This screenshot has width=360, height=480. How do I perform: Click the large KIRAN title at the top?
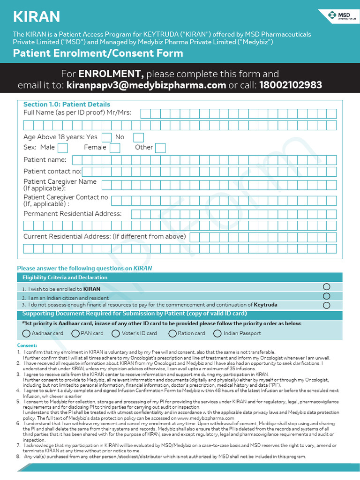click(37, 17)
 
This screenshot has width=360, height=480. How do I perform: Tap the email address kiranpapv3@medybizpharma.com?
click(146, 85)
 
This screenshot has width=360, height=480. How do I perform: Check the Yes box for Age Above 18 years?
click(107, 137)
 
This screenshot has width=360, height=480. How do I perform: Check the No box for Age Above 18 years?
click(138, 137)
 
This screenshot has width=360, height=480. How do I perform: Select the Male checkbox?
click(62, 148)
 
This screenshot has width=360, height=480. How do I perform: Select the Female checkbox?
click(115, 148)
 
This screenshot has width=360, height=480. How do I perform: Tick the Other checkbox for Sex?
click(160, 148)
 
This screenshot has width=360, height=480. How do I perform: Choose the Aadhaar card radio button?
click(27, 334)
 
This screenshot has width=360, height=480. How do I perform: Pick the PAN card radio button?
click(75, 334)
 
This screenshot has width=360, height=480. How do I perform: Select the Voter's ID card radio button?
click(116, 334)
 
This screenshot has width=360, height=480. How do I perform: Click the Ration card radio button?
click(172, 334)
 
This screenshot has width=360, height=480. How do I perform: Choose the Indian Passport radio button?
click(217, 334)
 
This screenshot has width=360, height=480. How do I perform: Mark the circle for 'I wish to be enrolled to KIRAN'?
click(327, 287)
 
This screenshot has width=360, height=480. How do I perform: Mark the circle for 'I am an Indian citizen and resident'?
click(327, 296)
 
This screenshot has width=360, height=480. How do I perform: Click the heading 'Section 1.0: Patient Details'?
click(67, 104)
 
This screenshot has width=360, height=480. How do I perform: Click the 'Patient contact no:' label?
click(52, 172)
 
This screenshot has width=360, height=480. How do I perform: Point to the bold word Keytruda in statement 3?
click(265, 305)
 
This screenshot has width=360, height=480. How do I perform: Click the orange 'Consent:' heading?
click(27, 345)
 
